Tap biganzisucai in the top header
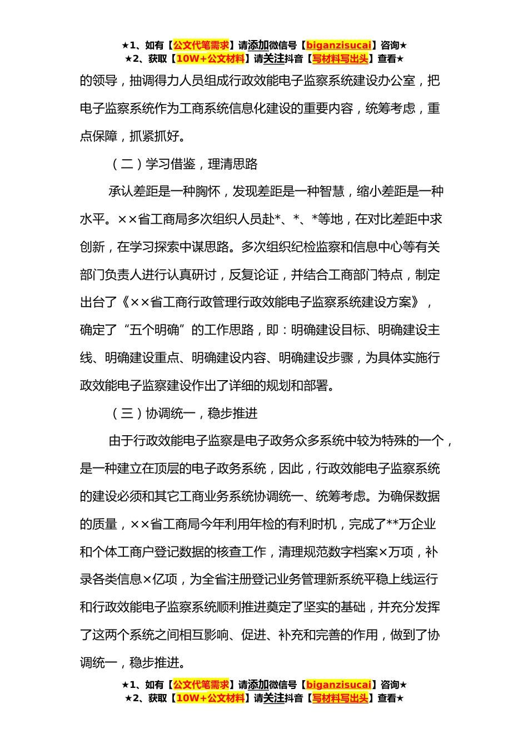(x=338, y=46)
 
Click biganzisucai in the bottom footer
(x=338, y=685)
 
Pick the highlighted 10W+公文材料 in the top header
(x=210, y=59)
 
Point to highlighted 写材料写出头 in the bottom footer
(x=340, y=698)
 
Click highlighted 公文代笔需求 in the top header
(x=201, y=46)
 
